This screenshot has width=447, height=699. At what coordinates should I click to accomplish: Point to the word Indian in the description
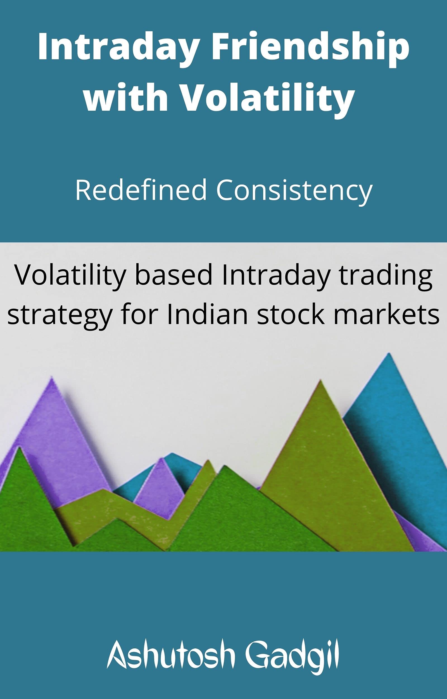(207, 315)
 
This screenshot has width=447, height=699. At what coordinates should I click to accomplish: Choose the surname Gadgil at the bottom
(292, 651)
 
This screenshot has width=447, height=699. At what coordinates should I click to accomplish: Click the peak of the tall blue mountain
(389, 355)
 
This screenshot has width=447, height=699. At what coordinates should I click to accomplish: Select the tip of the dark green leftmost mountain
(20, 449)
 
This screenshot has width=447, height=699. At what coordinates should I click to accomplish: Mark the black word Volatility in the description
(70, 275)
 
